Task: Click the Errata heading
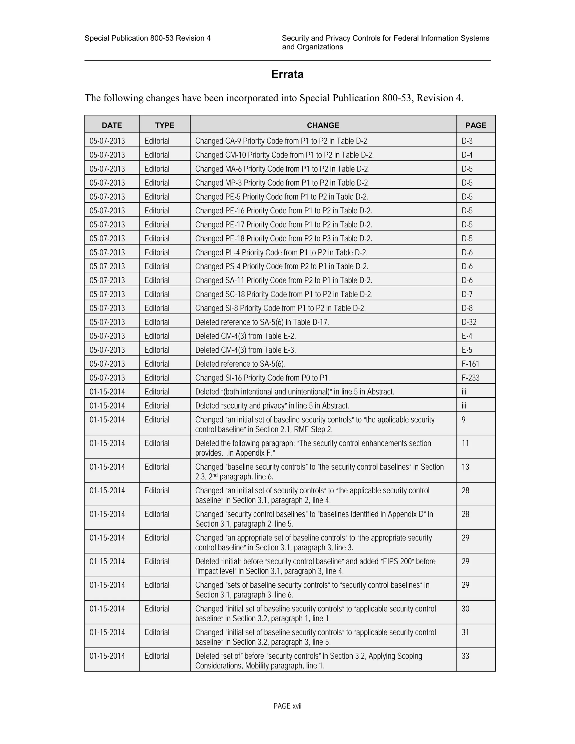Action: click(x=287, y=74)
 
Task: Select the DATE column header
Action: click(x=112, y=125)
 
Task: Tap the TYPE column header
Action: click(x=165, y=125)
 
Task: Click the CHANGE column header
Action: click(x=323, y=125)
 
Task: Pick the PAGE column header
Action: click(x=476, y=125)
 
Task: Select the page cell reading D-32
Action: click(x=469, y=322)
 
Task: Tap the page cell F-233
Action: click(x=471, y=378)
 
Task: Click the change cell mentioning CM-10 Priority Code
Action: click(x=284, y=155)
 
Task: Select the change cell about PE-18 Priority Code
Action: click(x=283, y=238)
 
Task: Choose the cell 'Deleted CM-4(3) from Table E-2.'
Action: click(x=245, y=336)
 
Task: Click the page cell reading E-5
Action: click(x=467, y=350)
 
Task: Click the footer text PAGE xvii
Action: click(x=287, y=706)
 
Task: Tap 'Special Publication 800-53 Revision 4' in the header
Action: click(x=147, y=38)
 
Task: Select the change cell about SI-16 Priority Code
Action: click(x=262, y=378)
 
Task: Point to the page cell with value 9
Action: click(x=464, y=420)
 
